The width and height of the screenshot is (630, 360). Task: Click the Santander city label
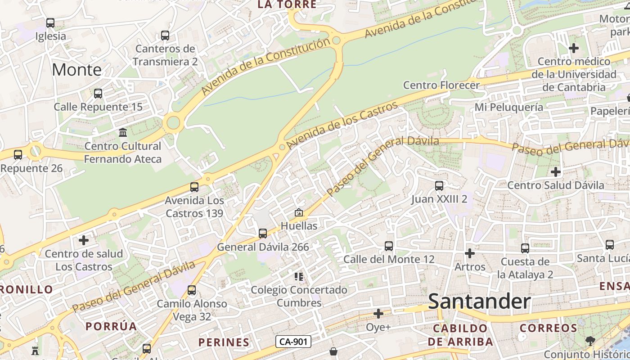(x=479, y=301)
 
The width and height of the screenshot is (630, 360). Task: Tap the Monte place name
(x=76, y=70)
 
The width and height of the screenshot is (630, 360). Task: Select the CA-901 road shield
(x=293, y=342)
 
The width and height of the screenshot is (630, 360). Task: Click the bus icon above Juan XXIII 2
(x=439, y=185)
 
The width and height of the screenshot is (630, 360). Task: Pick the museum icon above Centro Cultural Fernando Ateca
(x=123, y=132)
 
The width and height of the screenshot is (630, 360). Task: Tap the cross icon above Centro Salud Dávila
(x=556, y=171)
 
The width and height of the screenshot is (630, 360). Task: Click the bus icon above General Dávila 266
(x=263, y=233)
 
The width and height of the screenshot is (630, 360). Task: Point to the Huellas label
(x=299, y=225)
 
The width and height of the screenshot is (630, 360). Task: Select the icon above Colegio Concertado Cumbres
(x=299, y=276)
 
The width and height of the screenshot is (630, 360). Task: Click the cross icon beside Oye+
(x=378, y=313)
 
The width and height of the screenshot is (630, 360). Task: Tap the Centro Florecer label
(x=441, y=85)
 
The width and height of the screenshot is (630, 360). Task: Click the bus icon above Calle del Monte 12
(x=389, y=246)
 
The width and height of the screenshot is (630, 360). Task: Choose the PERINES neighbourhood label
(x=224, y=342)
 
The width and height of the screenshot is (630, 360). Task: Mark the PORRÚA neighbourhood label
(x=111, y=326)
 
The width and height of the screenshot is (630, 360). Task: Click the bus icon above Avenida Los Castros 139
(x=194, y=187)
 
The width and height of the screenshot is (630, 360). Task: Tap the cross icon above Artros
(x=470, y=253)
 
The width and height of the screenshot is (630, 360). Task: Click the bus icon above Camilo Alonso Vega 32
(x=192, y=290)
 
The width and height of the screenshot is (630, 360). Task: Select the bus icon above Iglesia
(x=50, y=22)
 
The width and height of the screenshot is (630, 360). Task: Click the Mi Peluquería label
(x=508, y=107)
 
